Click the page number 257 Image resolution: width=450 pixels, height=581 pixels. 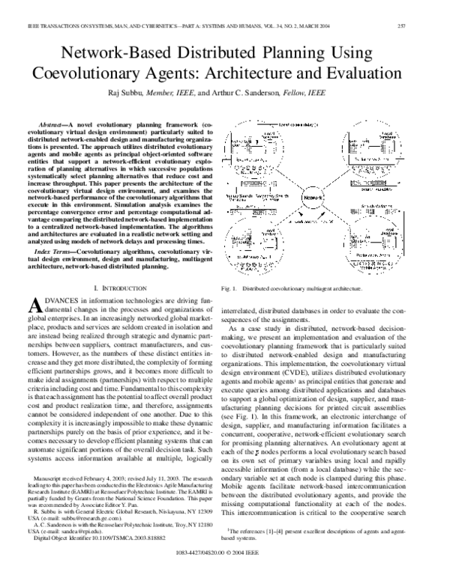tap(430, 27)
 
